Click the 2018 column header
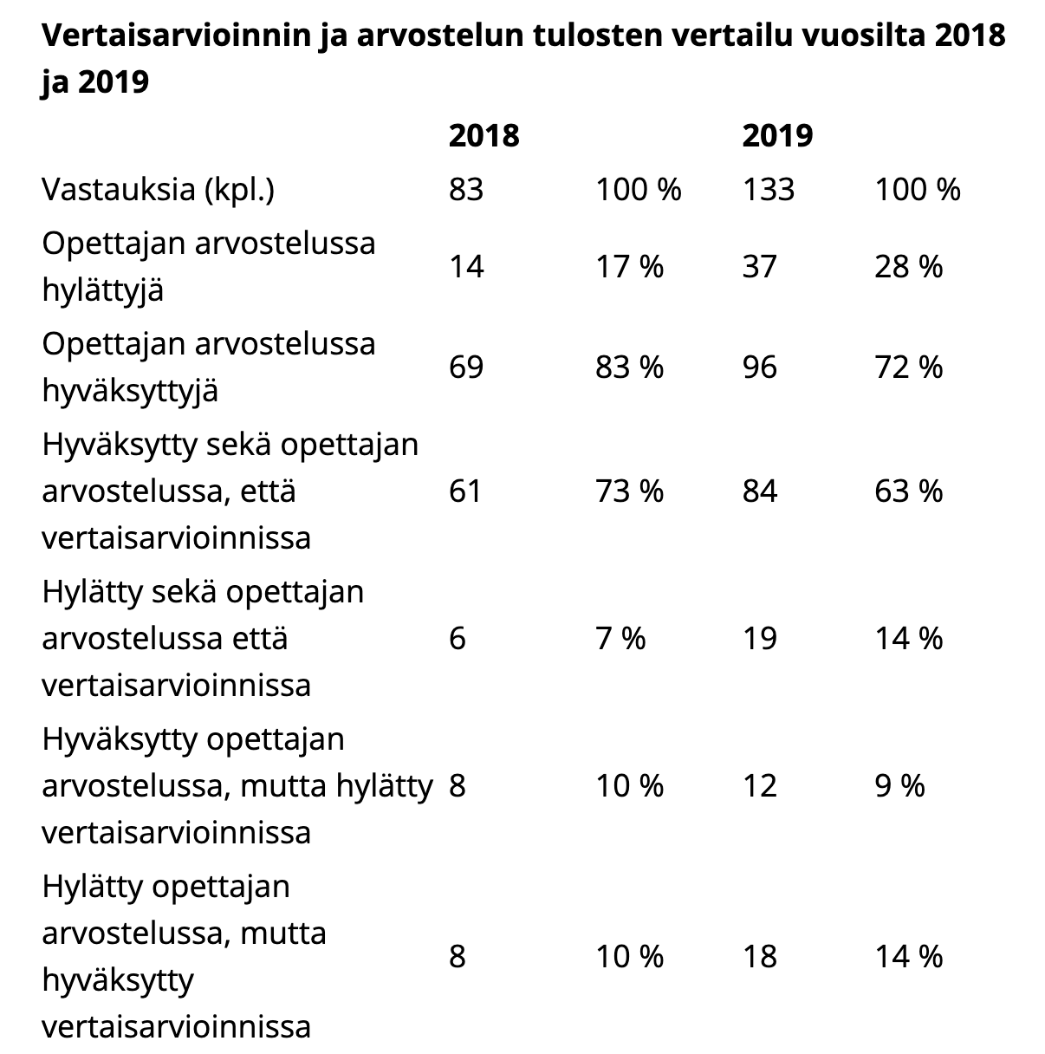484,135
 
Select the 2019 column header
777,135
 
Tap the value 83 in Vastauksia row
466,190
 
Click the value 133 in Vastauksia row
769,190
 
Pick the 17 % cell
629,267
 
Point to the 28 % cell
908,267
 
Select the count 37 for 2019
760,267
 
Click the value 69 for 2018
466,367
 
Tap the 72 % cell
908,367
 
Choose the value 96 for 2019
760,367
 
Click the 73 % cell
629,491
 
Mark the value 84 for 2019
760,491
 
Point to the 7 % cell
620,639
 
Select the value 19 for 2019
760,639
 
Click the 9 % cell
899,786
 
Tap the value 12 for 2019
760,786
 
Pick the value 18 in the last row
760,957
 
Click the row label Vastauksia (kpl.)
158,191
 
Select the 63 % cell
908,491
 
